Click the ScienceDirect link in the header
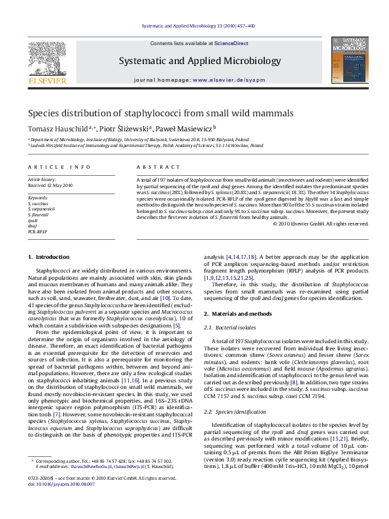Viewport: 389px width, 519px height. click(231, 43)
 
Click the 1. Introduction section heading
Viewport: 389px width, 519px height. click(46, 258)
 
